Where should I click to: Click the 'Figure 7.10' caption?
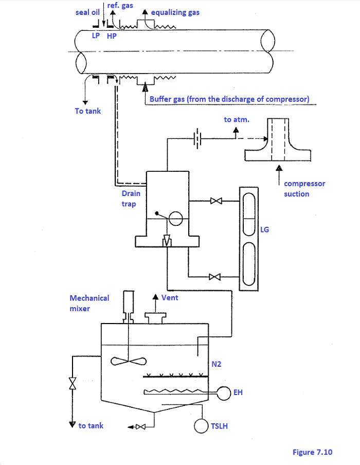click(x=312, y=452)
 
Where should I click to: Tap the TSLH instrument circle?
click(x=201, y=426)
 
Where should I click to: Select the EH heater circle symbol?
click(x=224, y=393)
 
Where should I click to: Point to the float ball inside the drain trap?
click(x=175, y=219)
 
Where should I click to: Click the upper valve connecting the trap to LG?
click(x=216, y=201)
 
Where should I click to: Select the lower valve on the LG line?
click(x=214, y=277)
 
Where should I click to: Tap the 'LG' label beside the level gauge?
click(x=264, y=229)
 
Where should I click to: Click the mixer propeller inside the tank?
click(x=129, y=361)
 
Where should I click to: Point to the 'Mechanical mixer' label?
click(x=89, y=303)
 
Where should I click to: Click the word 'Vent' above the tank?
click(x=170, y=297)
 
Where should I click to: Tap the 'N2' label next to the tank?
click(x=216, y=364)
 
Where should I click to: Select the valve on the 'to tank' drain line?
click(x=73, y=383)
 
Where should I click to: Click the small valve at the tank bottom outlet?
click(x=140, y=427)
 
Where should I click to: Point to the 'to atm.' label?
click(x=237, y=119)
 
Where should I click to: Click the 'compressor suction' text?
click(x=304, y=189)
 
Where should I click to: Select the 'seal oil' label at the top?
click(x=87, y=12)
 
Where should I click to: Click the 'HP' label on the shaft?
click(x=112, y=36)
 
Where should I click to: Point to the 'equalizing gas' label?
click(x=175, y=13)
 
